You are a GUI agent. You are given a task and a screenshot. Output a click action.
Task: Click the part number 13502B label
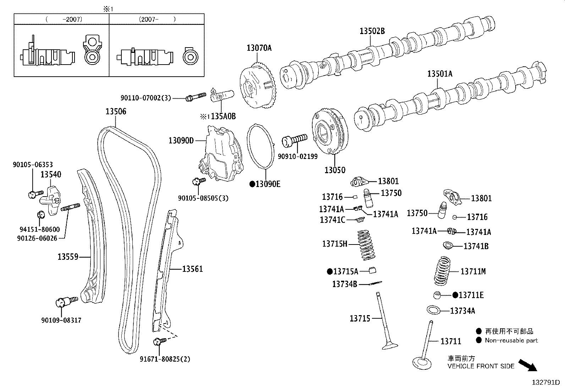click(372, 31)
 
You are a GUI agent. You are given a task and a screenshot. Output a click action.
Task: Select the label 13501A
click(440, 74)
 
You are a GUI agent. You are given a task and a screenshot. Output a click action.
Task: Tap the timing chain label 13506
click(116, 111)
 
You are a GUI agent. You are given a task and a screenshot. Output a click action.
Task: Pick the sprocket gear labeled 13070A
click(258, 85)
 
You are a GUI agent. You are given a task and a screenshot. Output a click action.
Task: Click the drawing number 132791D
click(545, 383)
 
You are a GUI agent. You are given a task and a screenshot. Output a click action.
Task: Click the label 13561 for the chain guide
click(192, 269)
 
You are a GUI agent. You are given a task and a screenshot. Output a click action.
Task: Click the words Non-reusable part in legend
click(511, 340)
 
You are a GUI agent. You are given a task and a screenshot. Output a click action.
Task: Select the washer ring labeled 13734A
click(433, 310)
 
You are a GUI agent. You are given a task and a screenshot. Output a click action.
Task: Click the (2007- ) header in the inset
click(157, 20)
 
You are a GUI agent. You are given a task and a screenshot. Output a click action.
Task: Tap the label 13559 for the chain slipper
click(68, 256)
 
